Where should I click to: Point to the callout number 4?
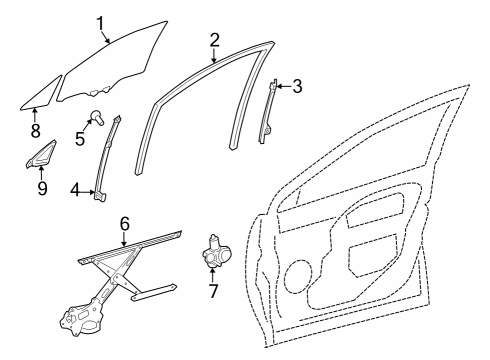point(75,189)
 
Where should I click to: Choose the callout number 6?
point(124,223)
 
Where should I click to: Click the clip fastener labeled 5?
point(98,117)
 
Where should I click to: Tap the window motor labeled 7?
point(216,254)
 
